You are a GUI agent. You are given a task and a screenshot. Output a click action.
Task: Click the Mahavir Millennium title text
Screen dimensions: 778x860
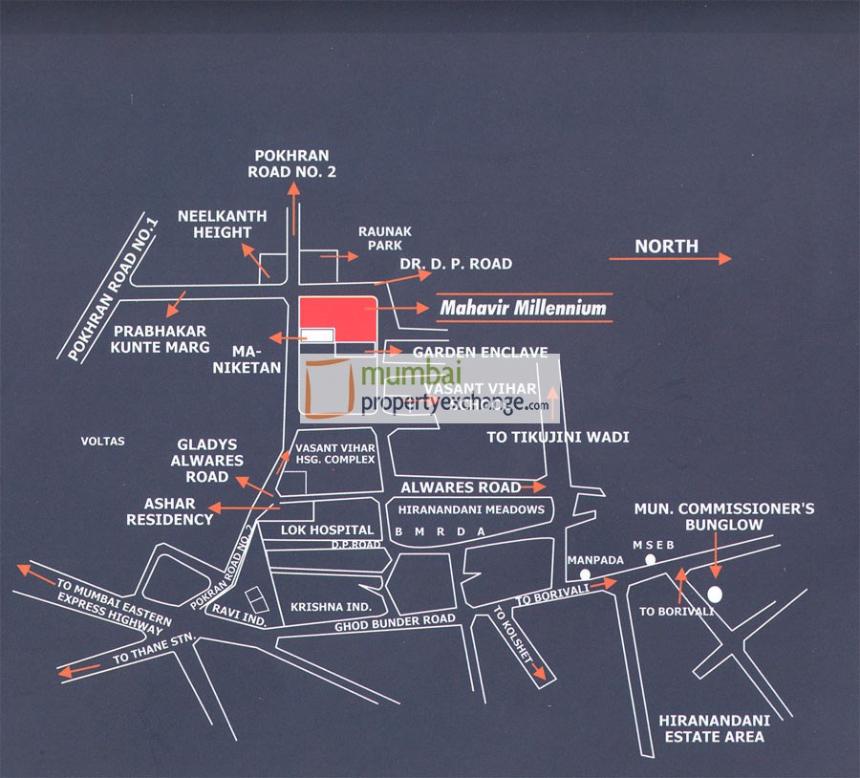pos(523,308)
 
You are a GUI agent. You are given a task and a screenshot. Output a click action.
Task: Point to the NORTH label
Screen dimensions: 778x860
pos(666,246)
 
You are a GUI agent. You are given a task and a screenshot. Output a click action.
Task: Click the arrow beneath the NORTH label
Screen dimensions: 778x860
pos(670,259)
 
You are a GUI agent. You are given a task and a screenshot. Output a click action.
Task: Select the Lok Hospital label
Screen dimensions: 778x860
pos(327,529)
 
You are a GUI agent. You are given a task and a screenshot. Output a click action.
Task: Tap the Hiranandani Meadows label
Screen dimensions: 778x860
pos(471,509)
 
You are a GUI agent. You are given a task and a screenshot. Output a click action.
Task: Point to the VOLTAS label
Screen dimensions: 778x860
pos(103,442)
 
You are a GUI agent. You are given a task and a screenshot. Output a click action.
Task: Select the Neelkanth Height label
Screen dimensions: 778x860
pos(215,224)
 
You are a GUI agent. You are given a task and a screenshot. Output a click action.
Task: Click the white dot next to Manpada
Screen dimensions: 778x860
pos(583,575)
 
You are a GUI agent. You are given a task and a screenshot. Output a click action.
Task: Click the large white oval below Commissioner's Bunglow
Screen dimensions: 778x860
pos(715,594)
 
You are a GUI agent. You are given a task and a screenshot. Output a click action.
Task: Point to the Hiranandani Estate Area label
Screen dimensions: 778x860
pos(712,727)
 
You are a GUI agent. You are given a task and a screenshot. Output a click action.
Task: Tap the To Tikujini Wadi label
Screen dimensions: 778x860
pos(558,438)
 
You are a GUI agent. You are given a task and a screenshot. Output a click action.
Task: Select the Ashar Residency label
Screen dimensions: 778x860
pos(178,511)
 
